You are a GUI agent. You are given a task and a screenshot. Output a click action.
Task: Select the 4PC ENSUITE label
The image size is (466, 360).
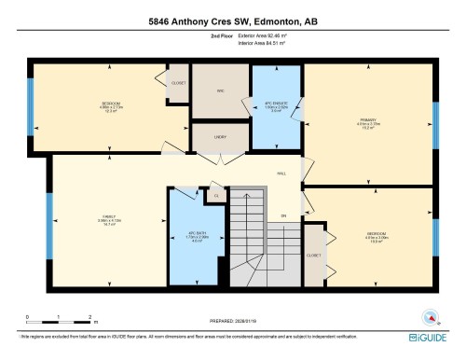[275, 104]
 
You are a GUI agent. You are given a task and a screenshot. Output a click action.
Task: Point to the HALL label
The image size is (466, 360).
[281, 173]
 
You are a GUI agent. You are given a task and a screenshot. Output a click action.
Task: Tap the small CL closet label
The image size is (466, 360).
[215, 196]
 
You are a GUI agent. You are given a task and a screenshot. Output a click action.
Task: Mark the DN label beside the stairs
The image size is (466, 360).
[283, 217]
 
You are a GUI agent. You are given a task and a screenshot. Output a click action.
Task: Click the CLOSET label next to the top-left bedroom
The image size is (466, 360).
[178, 83]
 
